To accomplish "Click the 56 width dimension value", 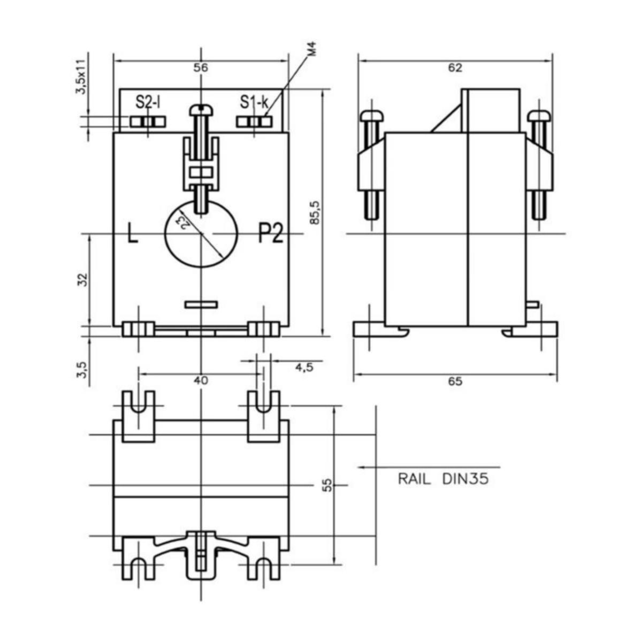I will coord(201,68).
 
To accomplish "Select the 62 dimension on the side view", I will coord(455,68).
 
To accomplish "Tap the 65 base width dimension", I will coord(455,381).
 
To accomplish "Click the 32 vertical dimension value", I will coord(82,279).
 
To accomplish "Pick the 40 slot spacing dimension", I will coord(200,380).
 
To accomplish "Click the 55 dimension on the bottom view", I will coord(327,484).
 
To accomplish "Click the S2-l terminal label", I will coord(148,102).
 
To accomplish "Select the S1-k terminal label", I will coord(254,102).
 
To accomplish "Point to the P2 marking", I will coord(270,234).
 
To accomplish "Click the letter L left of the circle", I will coord(132,234).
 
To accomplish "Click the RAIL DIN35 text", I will coord(443,479).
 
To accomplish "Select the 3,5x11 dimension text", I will coord(81,77).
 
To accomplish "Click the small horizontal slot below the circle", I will coord(201,305).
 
